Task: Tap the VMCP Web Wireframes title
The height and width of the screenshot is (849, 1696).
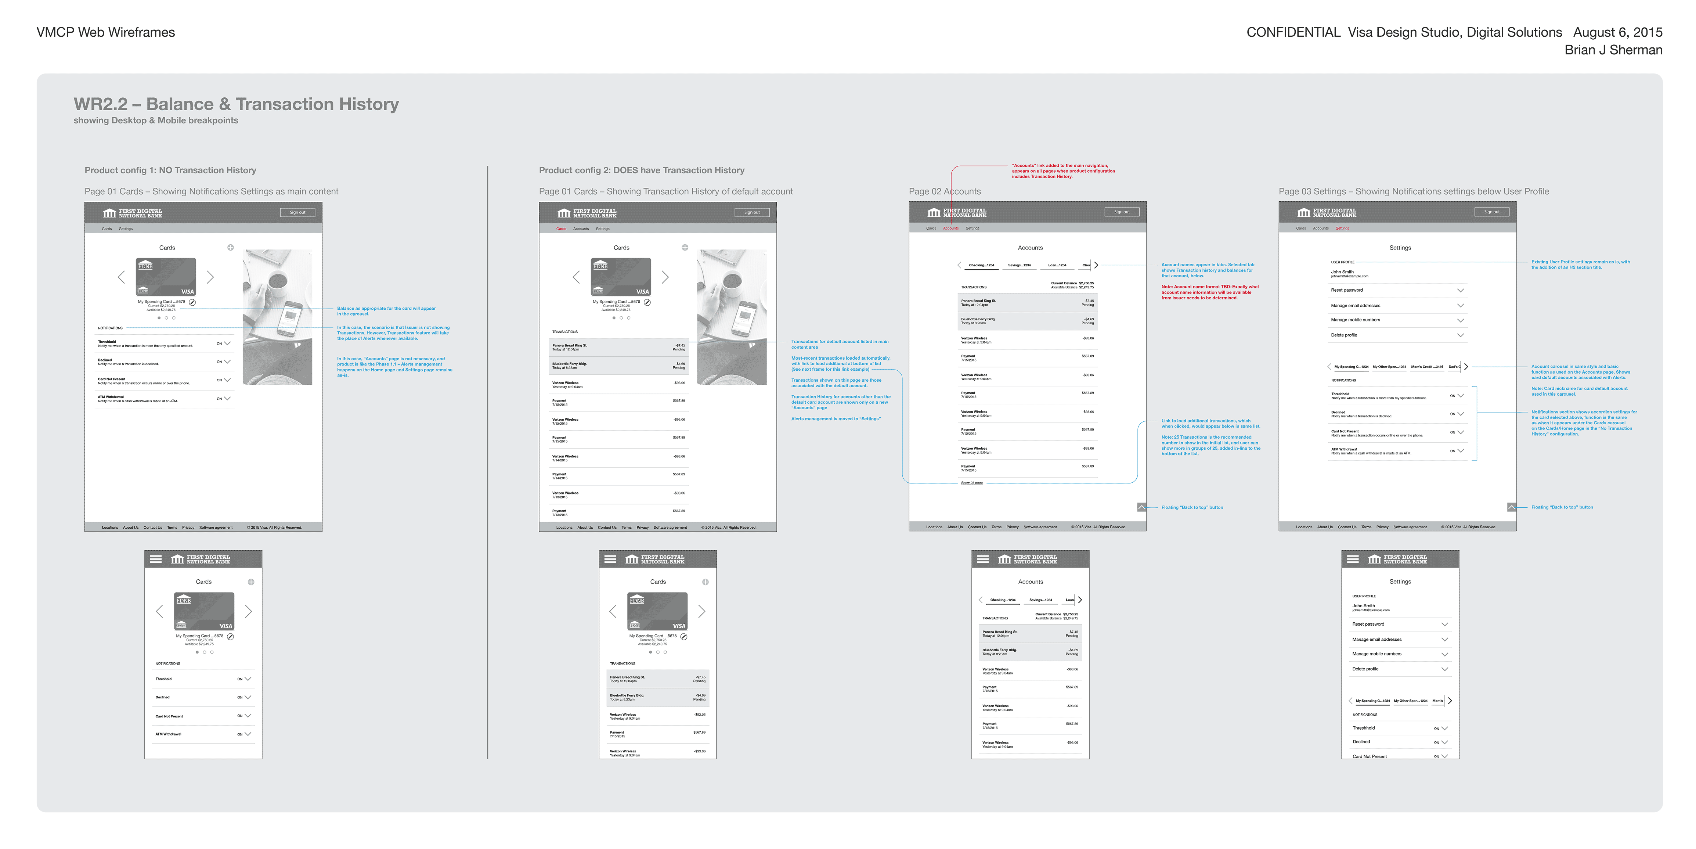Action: pyautogui.click(x=105, y=32)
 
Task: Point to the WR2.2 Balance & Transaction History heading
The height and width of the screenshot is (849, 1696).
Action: pyautogui.click(x=236, y=104)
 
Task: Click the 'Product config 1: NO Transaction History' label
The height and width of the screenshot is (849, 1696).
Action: pyautogui.click(x=170, y=170)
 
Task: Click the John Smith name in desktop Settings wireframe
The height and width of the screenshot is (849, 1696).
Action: pyautogui.click(x=1342, y=272)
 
